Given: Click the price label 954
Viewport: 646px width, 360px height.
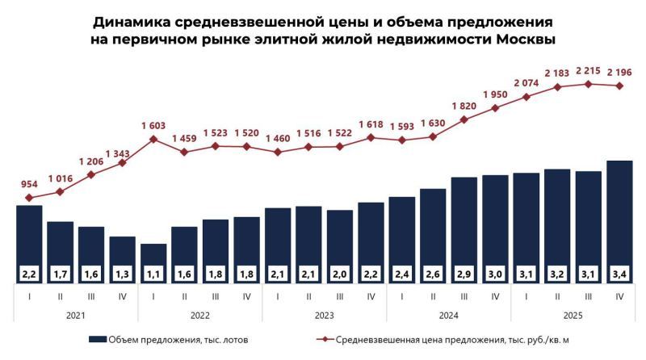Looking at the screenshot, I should (29, 184).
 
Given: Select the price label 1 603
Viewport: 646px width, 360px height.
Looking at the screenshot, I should (153, 125).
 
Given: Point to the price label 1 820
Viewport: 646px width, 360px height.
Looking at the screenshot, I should (464, 106).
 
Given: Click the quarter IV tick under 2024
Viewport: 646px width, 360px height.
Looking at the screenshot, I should (495, 296).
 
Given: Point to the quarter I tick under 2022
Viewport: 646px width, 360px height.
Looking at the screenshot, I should (153, 296).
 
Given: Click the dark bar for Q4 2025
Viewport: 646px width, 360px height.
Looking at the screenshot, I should (619, 210).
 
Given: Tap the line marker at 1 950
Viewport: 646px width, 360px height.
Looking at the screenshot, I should (495, 107).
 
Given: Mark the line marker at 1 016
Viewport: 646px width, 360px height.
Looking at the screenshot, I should (60, 192).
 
